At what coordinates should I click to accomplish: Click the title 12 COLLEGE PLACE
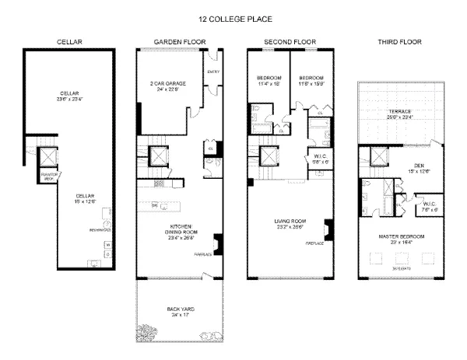[233, 16]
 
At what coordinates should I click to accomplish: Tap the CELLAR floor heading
[70, 41]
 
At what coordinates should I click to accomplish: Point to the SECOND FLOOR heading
[290, 41]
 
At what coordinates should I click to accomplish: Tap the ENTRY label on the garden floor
[213, 72]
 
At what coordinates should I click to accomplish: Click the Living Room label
[287, 223]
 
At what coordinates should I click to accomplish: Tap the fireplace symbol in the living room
[328, 232]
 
